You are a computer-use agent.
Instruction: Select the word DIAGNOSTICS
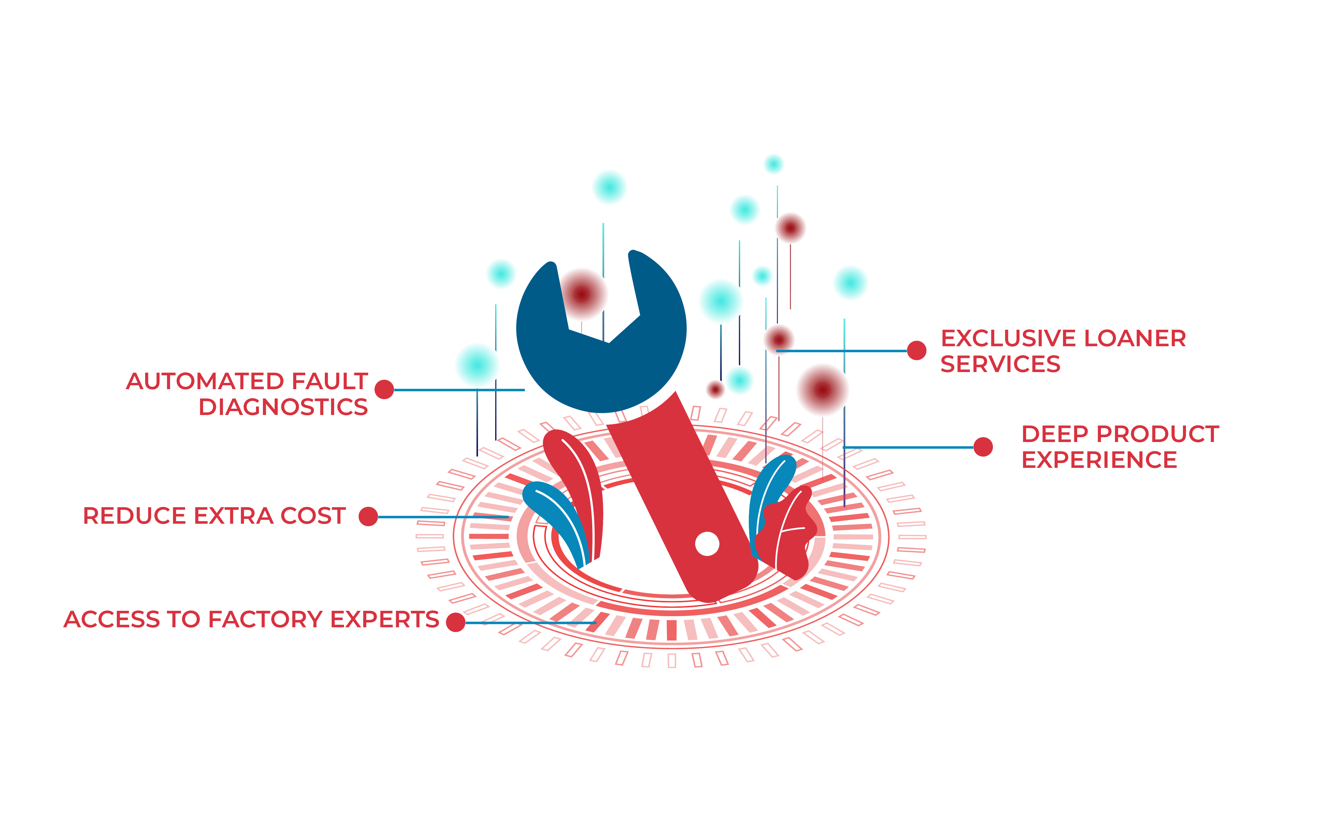283,407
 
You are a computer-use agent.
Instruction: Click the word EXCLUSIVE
1008,338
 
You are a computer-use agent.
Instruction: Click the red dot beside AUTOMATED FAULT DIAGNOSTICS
384,389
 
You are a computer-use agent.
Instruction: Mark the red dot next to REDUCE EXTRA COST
368,517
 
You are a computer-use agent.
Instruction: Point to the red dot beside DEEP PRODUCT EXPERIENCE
983,447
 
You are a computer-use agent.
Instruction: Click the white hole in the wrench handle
707,544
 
